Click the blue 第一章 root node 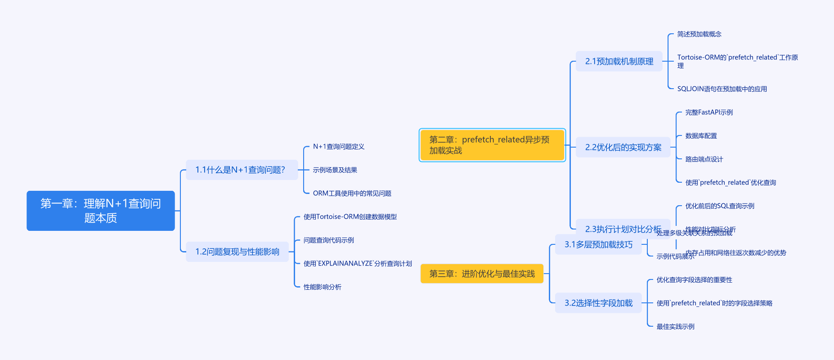(x=100, y=211)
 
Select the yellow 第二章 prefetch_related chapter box (x=492, y=145)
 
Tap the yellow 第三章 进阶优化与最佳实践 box (x=482, y=274)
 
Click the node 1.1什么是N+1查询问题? (x=242, y=170)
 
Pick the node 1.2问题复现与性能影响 (x=237, y=252)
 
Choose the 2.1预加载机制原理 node (x=619, y=61)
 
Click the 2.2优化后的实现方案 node (x=623, y=147)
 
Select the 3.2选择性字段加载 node (x=598, y=303)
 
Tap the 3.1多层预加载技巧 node (x=598, y=244)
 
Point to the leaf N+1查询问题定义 (x=339, y=147)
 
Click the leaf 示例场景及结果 (x=335, y=170)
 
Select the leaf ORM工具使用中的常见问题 (x=352, y=193)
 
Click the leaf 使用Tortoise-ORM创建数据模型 (x=350, y=217)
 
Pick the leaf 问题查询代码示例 (x=329, y=240)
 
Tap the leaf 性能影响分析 (x=323, y=287)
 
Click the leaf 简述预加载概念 (x=699, y=34)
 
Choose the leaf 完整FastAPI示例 (x=709, y=112)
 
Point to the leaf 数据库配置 (x=701, y=136)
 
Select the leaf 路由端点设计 (x=704, y=159)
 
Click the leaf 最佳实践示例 (x=676, y=327)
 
